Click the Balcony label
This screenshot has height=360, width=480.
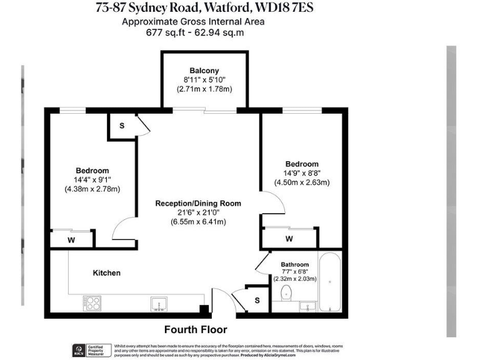(204, 71)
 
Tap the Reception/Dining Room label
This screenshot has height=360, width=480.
(197, 203)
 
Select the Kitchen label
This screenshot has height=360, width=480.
(107, 273)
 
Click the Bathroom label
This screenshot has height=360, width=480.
(294, 264)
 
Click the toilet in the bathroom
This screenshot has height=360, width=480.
(287, 293)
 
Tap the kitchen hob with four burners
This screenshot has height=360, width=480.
(92, 304)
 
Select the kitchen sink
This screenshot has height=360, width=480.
(159, 304)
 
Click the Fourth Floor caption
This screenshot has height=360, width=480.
(196, 329)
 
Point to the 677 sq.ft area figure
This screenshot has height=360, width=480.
(163, 32)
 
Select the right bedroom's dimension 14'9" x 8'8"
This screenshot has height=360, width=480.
(302, 173)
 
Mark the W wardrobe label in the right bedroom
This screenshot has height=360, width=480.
(289, 239)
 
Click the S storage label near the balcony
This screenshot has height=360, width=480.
(122, 126)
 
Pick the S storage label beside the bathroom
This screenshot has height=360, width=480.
(257, 301)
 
